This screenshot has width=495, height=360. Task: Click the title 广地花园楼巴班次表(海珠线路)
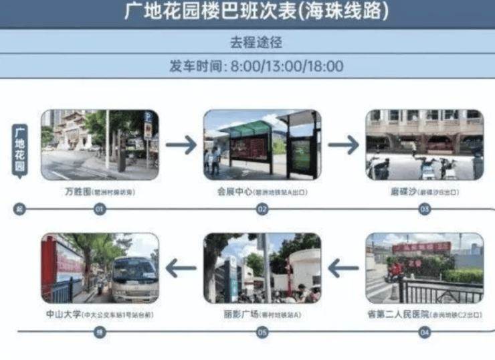coord(247,11)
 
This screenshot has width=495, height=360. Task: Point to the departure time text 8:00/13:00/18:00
coord(287,66)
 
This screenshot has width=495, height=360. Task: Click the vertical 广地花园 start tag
coord(20,149)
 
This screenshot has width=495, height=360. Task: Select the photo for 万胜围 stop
coord(100,145)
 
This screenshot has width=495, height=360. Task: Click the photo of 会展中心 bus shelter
coord(262,145)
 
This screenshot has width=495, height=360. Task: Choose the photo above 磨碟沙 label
coord(424,145)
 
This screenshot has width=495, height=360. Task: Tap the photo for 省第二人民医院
coord(424,268)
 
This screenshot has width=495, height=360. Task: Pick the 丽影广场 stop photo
coord(262,268)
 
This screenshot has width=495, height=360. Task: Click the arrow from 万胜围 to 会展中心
coord(181,143)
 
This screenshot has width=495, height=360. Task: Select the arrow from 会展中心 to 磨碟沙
coord(343,144)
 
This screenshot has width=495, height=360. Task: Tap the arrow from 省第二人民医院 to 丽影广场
coord(343,269)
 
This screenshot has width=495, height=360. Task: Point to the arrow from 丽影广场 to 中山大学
coord(181,269)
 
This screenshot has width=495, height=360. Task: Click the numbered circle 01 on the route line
coord(100,209)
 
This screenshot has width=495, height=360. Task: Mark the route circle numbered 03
coord(424,209)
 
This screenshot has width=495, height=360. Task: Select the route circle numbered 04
coord(424,331)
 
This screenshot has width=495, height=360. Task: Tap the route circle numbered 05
coord(262,331)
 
